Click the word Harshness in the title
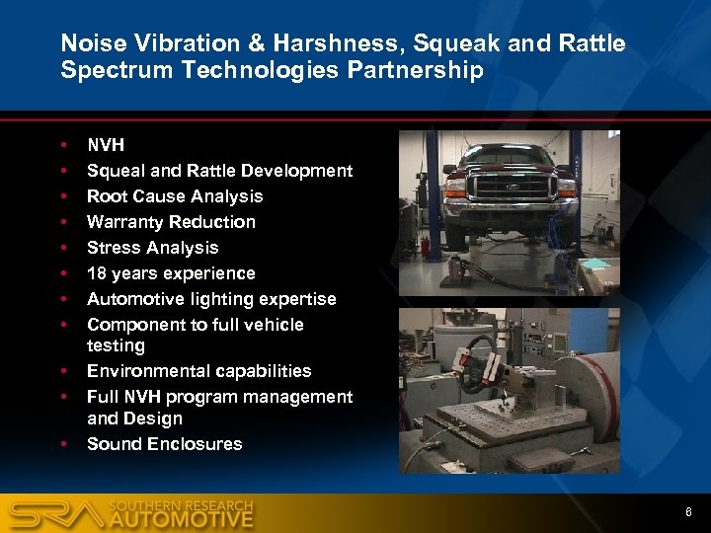point(302,43)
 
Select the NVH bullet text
point(106,145)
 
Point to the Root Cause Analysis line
point(175,196)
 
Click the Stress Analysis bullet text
point(152,248)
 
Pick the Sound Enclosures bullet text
point(164,444)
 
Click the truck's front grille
point(510,187)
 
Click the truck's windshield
point(511,155)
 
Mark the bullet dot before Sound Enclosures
point(64,444)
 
